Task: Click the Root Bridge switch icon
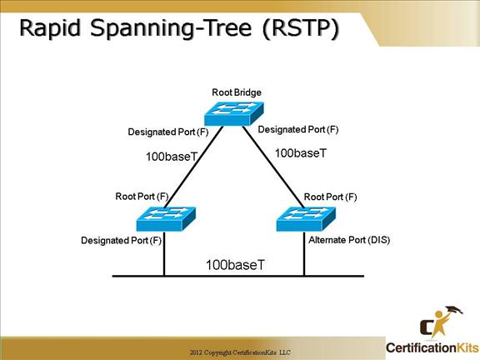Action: tap(233, 113)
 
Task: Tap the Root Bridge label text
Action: tap(237, 92)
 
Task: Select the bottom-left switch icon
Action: tap(166, 218)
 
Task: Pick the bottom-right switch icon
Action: tap(306, 218)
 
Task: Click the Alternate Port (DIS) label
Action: tap(349, 240)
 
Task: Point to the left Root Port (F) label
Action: tap(142, 196)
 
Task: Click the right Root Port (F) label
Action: tap(330, 197)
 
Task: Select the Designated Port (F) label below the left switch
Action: tap(121, 240)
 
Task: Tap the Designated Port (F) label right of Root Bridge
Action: tap(298, 129)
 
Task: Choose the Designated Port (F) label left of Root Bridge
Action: tap(168, 132)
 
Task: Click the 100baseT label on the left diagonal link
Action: tap(172, 157)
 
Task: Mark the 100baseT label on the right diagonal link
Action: tap(301, 153)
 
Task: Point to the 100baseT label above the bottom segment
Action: tap(235, 265)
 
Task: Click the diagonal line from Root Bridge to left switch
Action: tap(193, 167)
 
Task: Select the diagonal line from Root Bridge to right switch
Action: tap(273, 167)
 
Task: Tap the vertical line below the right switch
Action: tap(304, 253)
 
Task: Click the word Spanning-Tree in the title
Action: tap(171, 28)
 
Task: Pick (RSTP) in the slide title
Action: tap(301, 28)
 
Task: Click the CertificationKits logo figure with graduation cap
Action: tap(441, 322)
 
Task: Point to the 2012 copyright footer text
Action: tap(240, 352)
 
